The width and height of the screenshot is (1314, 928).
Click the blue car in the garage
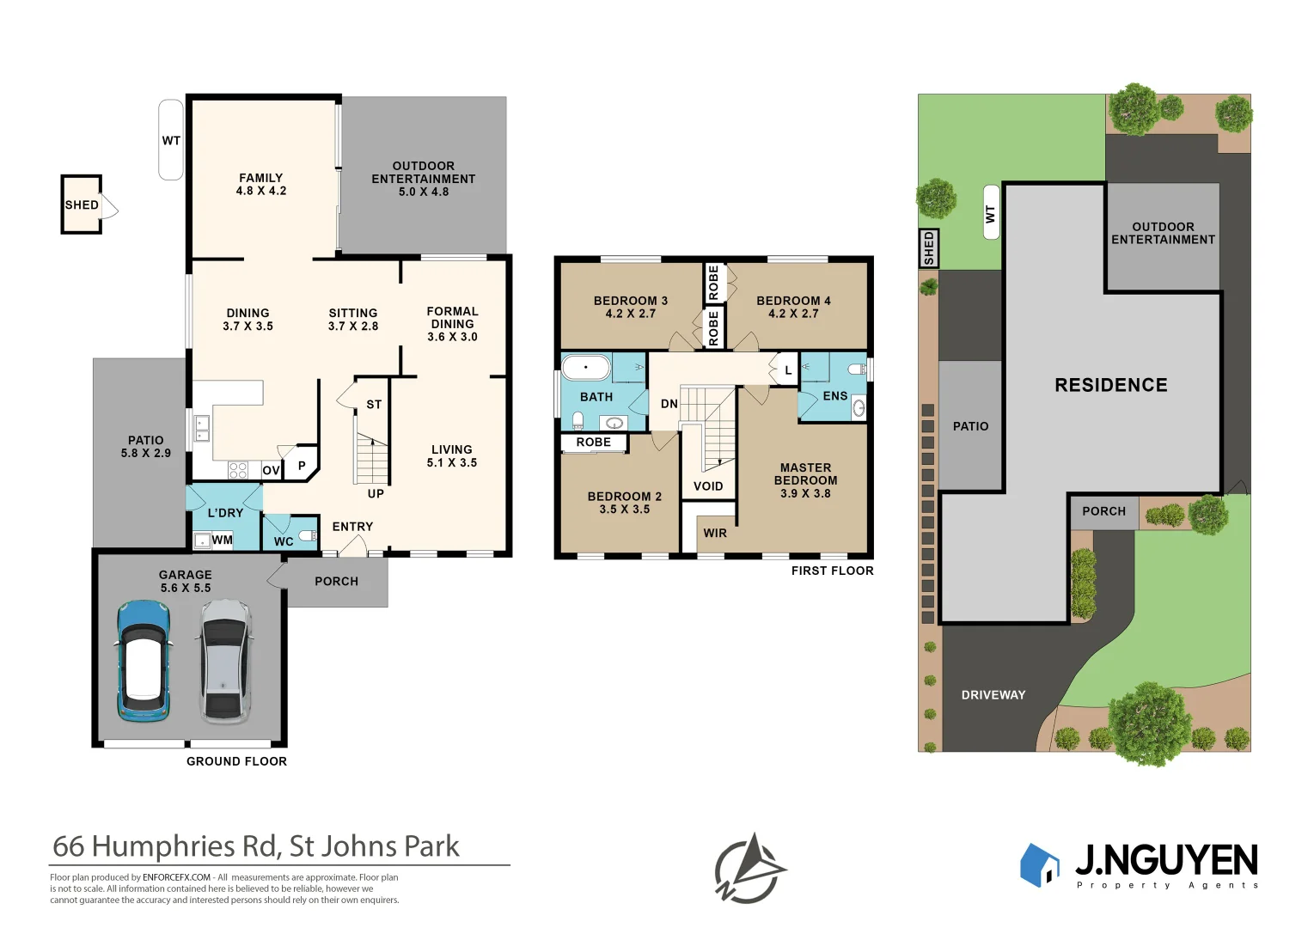coord(144,661)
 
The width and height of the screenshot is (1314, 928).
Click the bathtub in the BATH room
coord(586,368)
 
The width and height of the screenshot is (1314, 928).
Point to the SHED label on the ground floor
coord(82,205)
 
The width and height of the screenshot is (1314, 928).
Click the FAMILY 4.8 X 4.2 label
coord(261,184)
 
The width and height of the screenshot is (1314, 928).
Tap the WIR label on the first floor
coord(715,534)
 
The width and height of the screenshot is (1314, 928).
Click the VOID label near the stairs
coord(708,486)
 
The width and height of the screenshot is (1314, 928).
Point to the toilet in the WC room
coord(309,535)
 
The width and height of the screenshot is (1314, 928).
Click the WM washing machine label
coord(222,540)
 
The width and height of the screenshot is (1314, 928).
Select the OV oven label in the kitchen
coord(271,471)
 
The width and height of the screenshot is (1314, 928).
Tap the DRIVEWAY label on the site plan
coord(993,695)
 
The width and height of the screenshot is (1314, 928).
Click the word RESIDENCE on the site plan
coord(1111,385)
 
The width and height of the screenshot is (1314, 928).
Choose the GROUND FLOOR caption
coord(236,761)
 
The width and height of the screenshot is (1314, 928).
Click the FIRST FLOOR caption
coord(833,571)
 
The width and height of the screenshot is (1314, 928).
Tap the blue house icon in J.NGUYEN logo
coord(1039,865)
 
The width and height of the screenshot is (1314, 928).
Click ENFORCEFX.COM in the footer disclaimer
coord(176,877)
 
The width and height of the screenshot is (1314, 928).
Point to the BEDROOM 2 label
coord(625,503)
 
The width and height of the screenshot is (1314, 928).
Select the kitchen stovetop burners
coord(237,471)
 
